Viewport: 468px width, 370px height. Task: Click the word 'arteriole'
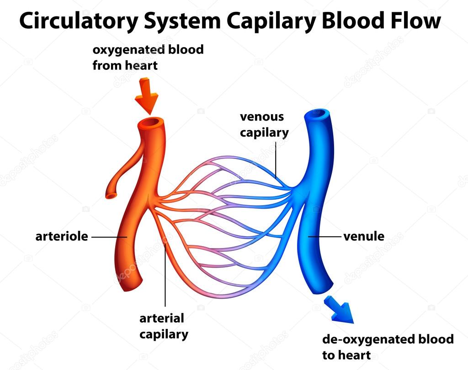(62, 236)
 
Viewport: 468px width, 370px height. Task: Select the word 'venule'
(364, 236)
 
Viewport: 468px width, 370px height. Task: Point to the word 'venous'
(262, 116)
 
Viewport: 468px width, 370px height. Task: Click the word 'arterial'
(162, 318)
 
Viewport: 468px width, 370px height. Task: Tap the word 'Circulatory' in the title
(79, 21)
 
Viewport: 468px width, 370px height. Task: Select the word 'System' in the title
(182, 21)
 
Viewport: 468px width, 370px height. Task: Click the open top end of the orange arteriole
(151, 122)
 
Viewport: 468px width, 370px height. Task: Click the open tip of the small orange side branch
(112, 195)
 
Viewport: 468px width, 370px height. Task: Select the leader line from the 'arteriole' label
(109, 237)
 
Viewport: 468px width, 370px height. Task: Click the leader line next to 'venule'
(325, 237)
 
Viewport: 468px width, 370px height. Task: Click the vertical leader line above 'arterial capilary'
(165, 275)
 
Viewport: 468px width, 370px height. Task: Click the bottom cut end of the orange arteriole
(133, 286)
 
